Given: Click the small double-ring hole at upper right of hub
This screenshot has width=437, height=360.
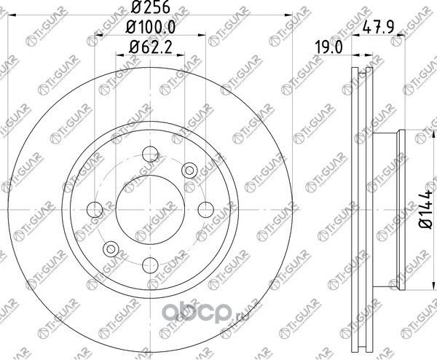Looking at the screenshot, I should point(190,171).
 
